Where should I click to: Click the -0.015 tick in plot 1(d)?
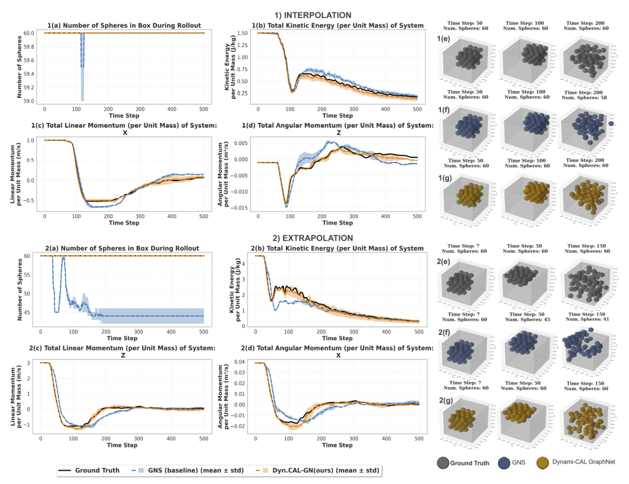pos(241,208)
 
